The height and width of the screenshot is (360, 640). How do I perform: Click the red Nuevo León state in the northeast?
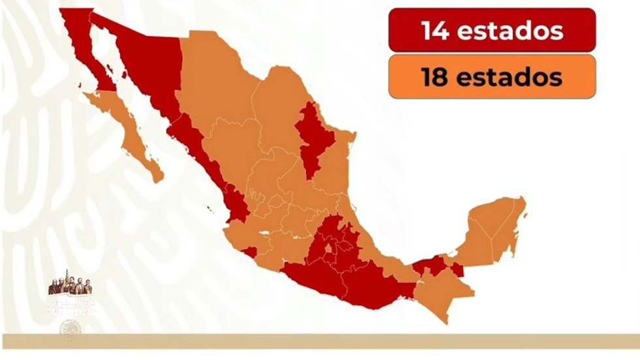[x=312, y=137]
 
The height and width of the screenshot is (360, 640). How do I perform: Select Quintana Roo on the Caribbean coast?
[x=509, y=235]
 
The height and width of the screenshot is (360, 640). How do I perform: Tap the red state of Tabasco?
[x=431, y=265]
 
